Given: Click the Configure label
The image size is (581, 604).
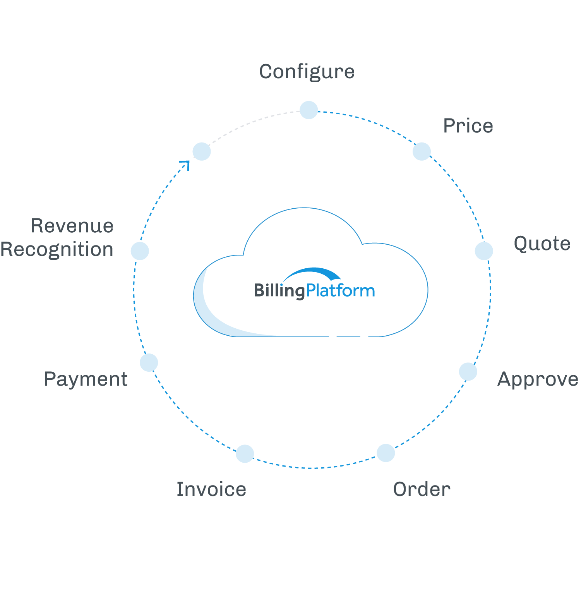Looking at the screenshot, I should pyautogui.click(x=307, y=72).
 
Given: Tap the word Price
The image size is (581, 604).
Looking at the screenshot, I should pyautogui.click(x=468, y=125).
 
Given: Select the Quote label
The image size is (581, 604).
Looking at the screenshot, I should pyautogui.click(x=542, y=244).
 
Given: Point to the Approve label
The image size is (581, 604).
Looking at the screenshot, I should pyautogui.click(x=538, y=379).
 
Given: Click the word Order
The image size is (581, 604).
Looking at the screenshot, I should pyautogui.click(x=422, y=489).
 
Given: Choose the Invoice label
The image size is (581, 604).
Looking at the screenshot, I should pyautogui.click(x=211, y=489).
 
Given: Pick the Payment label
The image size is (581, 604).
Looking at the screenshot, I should pyautogui.click(x=86, y=379).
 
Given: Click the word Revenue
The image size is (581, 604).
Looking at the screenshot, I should pyautogui.click(x=72, y=226).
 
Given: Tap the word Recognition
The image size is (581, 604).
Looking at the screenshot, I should pyautogui.click(x=57, y=249).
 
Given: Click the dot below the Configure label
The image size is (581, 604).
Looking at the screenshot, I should pyautogui.click(x=309, y=110).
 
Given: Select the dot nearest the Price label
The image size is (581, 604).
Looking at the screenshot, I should pyautogui.click(x=422, y=151).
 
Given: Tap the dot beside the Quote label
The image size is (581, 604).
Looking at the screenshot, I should pyautogui.click(x=484, y=251).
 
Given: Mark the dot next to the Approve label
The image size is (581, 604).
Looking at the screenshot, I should pyautogui.click(x=468, y=372).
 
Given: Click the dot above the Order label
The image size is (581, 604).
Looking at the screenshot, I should pyautogui.click(x=386, y=453).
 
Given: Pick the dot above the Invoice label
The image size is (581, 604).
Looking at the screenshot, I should pyautogui.click(x=245, y=454).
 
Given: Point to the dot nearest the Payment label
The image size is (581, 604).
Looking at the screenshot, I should pyautogui.click(x=149, y=363).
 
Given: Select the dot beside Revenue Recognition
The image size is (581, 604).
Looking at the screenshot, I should pyautogui.click(x=140, y=251).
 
